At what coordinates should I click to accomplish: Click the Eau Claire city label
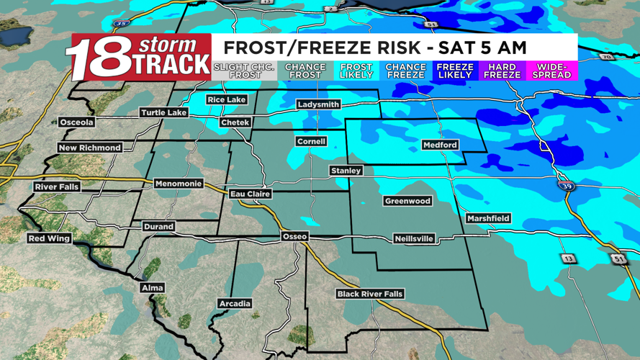pos(250,194)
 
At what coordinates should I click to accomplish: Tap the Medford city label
pos(440,145)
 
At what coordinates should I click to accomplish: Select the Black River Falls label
pos(370,294)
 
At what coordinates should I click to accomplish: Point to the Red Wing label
pos(49,238)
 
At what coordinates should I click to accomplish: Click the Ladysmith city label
pos(318,105)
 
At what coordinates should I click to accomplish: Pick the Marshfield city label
pos(488,218)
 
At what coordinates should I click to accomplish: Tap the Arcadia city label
pos(235,304)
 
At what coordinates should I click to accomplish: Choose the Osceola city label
pos(76,122)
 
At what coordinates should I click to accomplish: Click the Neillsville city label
pos(414,238)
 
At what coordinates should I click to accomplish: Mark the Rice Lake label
pos(226,99)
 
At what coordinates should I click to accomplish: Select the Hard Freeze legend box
pos(502,71)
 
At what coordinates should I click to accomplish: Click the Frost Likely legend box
pos(356,71)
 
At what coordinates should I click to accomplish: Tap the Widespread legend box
pos(552,71)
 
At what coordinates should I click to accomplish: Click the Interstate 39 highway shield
pos(567,186)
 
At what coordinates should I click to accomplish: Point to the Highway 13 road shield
pos(569,258)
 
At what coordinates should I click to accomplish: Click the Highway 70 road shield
pos(605,57)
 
